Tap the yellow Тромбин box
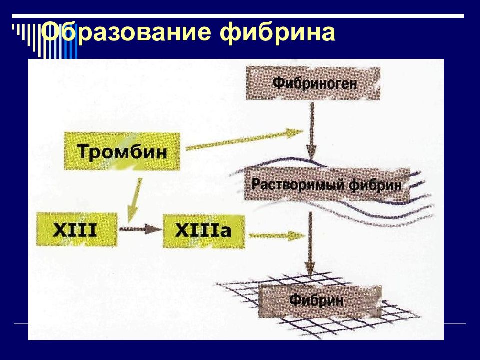click(x=122, y=151)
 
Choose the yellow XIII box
click(x=77, y=230)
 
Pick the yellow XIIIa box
click(x=204, y=230)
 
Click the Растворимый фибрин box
click(x=326, y=185)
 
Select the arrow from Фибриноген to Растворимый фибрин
click(x=311, y=130)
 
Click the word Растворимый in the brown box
click(x=292, y=185)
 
